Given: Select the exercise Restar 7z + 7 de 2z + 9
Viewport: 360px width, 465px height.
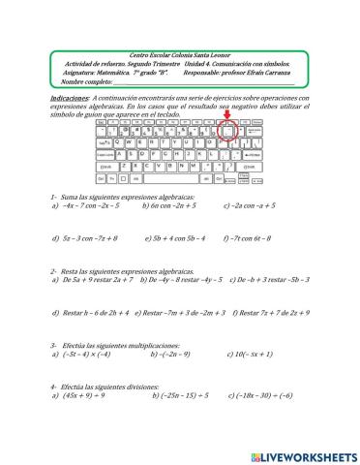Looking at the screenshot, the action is pos(264,312).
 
